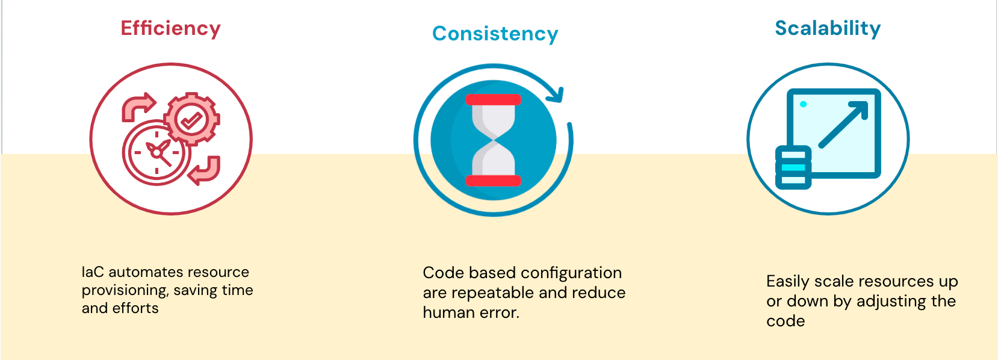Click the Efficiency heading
point(170,29)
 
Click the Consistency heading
point(495,34)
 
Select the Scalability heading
point(828,29)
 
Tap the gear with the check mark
point(191,119)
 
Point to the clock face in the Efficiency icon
point(157,152)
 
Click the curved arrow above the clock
point(138,107)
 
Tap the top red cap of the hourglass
point(493,99)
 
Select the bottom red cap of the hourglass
point(493,181)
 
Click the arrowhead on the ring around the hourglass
point(556,95)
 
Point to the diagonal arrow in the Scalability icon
point(844,125)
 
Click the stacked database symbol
point(793,167)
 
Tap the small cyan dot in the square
point(804,104)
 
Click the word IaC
point(93,272)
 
